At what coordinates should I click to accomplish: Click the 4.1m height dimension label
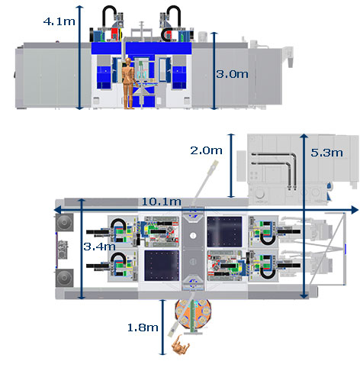coord(59,21)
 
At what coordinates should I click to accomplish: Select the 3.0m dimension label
coord(232,74)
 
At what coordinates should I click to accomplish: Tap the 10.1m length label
coord(161,202)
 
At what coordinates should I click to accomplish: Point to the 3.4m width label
coord(99,247)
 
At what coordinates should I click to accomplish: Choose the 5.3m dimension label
coord(327,153)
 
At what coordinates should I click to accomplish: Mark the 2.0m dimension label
coord(207,150)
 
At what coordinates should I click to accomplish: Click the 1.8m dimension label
coord(143,327)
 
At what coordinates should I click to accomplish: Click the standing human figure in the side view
coord(128,83)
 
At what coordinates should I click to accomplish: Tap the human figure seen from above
coord(181,346)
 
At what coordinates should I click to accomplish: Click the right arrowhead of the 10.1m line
coord(355,210)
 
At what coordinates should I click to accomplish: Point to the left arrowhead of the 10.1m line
coord(57,210)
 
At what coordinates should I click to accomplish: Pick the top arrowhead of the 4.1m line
coord(79,8)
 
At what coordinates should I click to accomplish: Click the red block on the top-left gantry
coord(114,34)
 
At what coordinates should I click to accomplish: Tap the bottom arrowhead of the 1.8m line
coord(162,353)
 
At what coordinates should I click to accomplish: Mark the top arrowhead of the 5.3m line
coord(304,136)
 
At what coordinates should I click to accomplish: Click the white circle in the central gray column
coord(193,235)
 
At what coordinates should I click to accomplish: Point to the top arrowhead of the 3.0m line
coord(214,34)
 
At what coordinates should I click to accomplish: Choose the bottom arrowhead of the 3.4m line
coord(82,297)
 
